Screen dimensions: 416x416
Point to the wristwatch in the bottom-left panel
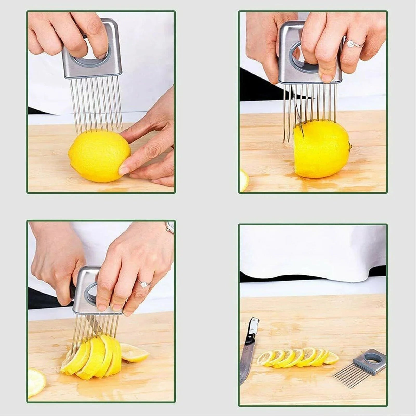170,227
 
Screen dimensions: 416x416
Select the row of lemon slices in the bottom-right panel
296,357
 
